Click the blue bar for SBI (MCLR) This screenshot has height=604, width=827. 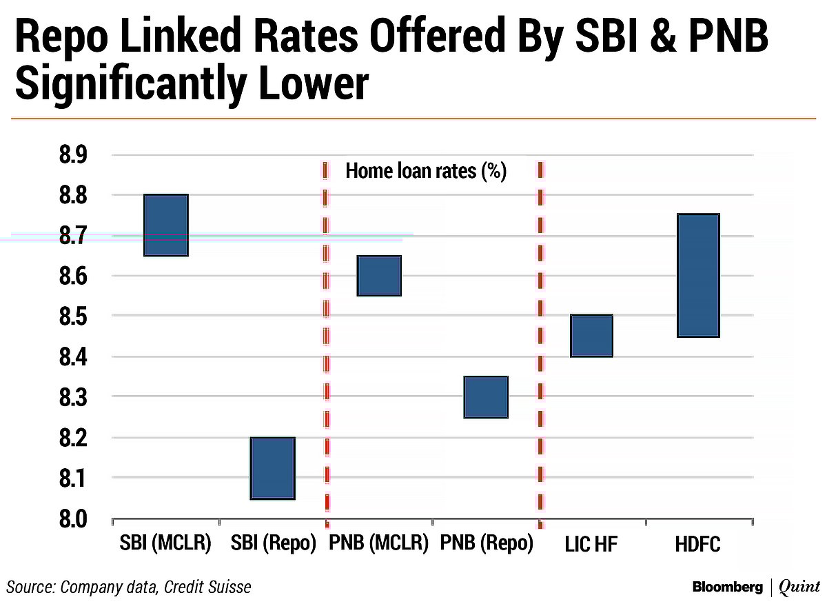[165, 225]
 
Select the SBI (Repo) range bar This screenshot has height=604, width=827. [272, 468]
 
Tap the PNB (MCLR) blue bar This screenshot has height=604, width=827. [378, 276]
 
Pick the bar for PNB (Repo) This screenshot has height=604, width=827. [485, 397]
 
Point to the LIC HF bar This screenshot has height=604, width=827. [591, 336]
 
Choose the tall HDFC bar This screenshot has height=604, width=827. [698, 276]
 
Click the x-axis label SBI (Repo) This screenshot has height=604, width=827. [274, 545]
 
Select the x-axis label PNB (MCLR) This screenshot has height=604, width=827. [379, 545]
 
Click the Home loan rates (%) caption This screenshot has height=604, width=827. [426, 171]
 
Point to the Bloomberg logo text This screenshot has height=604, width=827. [728, 587]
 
